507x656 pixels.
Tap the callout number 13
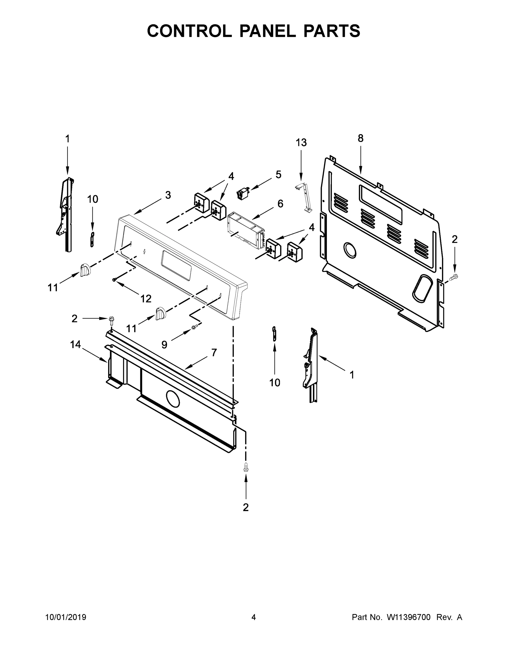pyautogui.click(x=301, y=142)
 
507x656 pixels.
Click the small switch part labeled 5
pyautogui.click(x=244, y=192)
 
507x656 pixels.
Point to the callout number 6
pyautogui.click(x=280, y=204)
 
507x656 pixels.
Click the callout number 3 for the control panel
pyautogui.click(x=168, y=195)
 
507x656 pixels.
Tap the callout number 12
pyautogui.click(x=146, y=298)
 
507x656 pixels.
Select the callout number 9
pyautogui.click(x=164, y=344)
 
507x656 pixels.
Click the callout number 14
pyautogui.click(x=75, y=344)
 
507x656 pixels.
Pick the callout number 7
pyautogui.click(x=214, y=352)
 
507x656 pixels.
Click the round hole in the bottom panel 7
pyautogui.click(x=172, y=399)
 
